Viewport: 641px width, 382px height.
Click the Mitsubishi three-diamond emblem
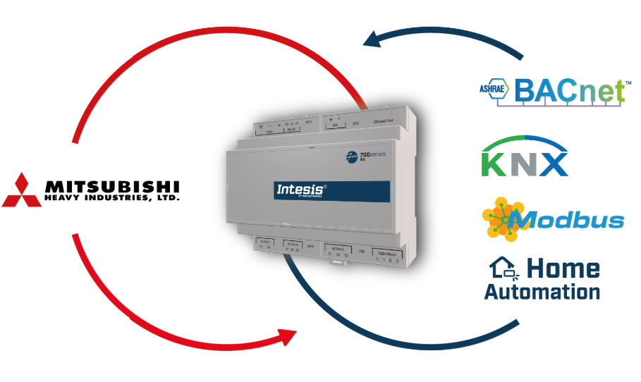20,190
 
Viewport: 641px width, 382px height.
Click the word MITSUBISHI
112,186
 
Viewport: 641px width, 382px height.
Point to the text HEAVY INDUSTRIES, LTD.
112,199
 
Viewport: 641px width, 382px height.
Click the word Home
562,268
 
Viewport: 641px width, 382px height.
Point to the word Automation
542,291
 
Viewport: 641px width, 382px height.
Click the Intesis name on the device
295,190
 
